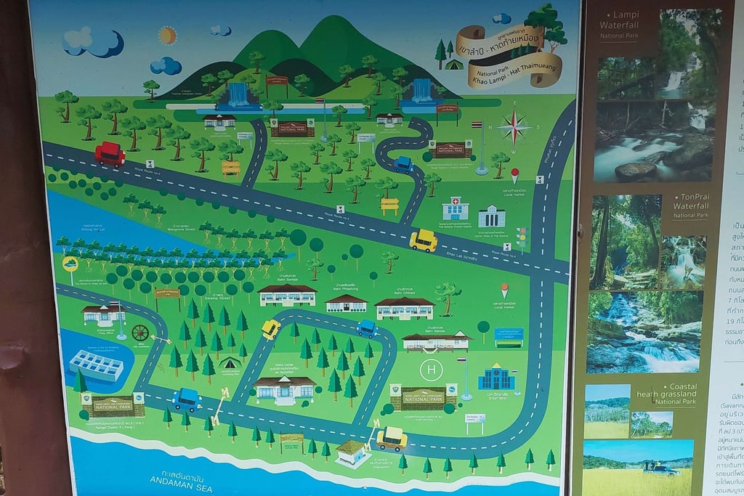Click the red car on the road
[x=110, y=154]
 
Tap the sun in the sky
[x=168, y=35]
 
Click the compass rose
[x=514, y=128]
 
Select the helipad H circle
[x=432, y=370]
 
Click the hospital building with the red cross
[x=456, y=208]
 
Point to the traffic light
[x=520, y=237]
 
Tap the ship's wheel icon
[x=140, y=333]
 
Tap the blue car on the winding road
[x=403, y=164]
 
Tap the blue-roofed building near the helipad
[x=496, y=378]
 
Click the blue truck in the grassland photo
[x=661, y=469]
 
